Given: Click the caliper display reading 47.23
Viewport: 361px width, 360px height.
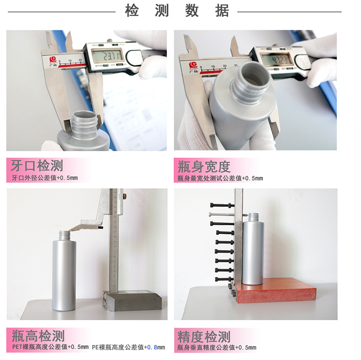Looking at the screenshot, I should coord(275,60).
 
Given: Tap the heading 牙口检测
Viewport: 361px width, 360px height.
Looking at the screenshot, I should coord(37,166).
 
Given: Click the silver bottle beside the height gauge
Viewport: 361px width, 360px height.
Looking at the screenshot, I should coord(64,274).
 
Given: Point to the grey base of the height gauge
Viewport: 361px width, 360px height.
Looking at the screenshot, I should coord(133,301).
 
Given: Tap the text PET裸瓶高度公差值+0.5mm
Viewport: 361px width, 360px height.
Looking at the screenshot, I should coord(50,348).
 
